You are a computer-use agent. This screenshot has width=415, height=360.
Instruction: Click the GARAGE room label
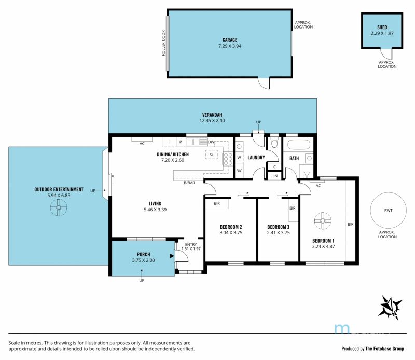click(230, 40)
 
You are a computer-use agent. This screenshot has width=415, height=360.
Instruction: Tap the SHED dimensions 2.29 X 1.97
click(382, 33)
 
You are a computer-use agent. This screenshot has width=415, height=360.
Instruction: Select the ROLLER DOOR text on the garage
click(163, 43)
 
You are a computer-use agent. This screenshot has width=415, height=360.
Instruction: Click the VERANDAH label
click(212, 115)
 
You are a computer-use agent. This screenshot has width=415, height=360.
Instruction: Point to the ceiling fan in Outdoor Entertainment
click(59, 207)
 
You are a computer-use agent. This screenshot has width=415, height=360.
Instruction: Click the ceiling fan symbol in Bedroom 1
click(323, 221)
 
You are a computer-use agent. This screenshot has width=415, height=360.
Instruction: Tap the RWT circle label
click(388, 211)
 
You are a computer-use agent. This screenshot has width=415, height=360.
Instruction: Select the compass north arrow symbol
click(390, 307)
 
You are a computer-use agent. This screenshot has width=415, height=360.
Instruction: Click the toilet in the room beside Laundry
click(274, 143)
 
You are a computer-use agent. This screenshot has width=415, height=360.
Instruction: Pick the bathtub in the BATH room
click(298, 145)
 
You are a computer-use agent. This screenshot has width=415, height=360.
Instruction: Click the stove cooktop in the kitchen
click(228, 159)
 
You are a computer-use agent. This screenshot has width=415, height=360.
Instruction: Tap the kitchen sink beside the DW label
click(197, 142)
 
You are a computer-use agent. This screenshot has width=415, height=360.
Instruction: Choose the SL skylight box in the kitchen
click(212, 155)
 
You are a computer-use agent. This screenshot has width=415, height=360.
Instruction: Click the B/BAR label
click(189, 183)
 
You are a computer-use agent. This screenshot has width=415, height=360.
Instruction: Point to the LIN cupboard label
click(274, 176)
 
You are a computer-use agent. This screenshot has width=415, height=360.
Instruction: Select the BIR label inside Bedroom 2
click(217, 203)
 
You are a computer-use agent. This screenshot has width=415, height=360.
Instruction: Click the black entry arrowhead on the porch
click(172, 256)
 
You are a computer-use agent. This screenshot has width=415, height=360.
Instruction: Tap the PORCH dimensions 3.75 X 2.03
click(143, 260)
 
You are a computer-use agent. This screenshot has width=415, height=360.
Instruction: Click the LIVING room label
click(155, 203)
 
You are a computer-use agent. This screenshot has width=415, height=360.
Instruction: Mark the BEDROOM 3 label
click(278, 227)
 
